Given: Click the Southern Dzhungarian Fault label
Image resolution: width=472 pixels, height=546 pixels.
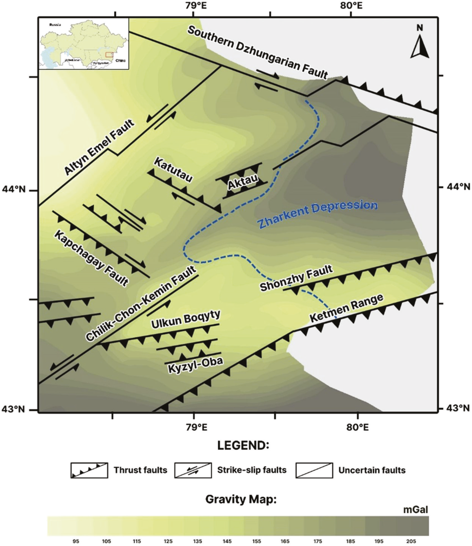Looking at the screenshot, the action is [x=258, y=52].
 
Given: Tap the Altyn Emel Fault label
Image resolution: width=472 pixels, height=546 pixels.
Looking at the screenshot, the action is [x=99, y=147].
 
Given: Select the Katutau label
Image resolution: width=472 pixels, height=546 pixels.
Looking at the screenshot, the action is [x=173, y=170].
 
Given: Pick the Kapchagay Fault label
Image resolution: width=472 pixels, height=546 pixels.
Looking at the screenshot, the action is [x=91, y=258].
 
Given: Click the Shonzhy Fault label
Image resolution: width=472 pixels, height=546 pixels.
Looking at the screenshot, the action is [x=296, y=279].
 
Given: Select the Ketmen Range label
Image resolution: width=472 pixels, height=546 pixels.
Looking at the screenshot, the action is [x=346, y=308].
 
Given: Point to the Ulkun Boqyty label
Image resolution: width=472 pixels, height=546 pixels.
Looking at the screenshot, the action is [x=186, y=320].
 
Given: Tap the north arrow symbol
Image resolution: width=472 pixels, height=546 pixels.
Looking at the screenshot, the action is [x=420, y=42].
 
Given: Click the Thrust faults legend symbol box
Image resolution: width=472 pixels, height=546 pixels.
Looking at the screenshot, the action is [x=89, y=470].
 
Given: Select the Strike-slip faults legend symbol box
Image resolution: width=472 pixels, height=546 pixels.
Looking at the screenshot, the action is [x=193, y=470].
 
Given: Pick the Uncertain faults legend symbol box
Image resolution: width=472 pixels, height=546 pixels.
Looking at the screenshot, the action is [x=314, y=470].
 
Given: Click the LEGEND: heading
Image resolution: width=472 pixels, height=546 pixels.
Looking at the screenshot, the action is [x=243, y=446].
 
